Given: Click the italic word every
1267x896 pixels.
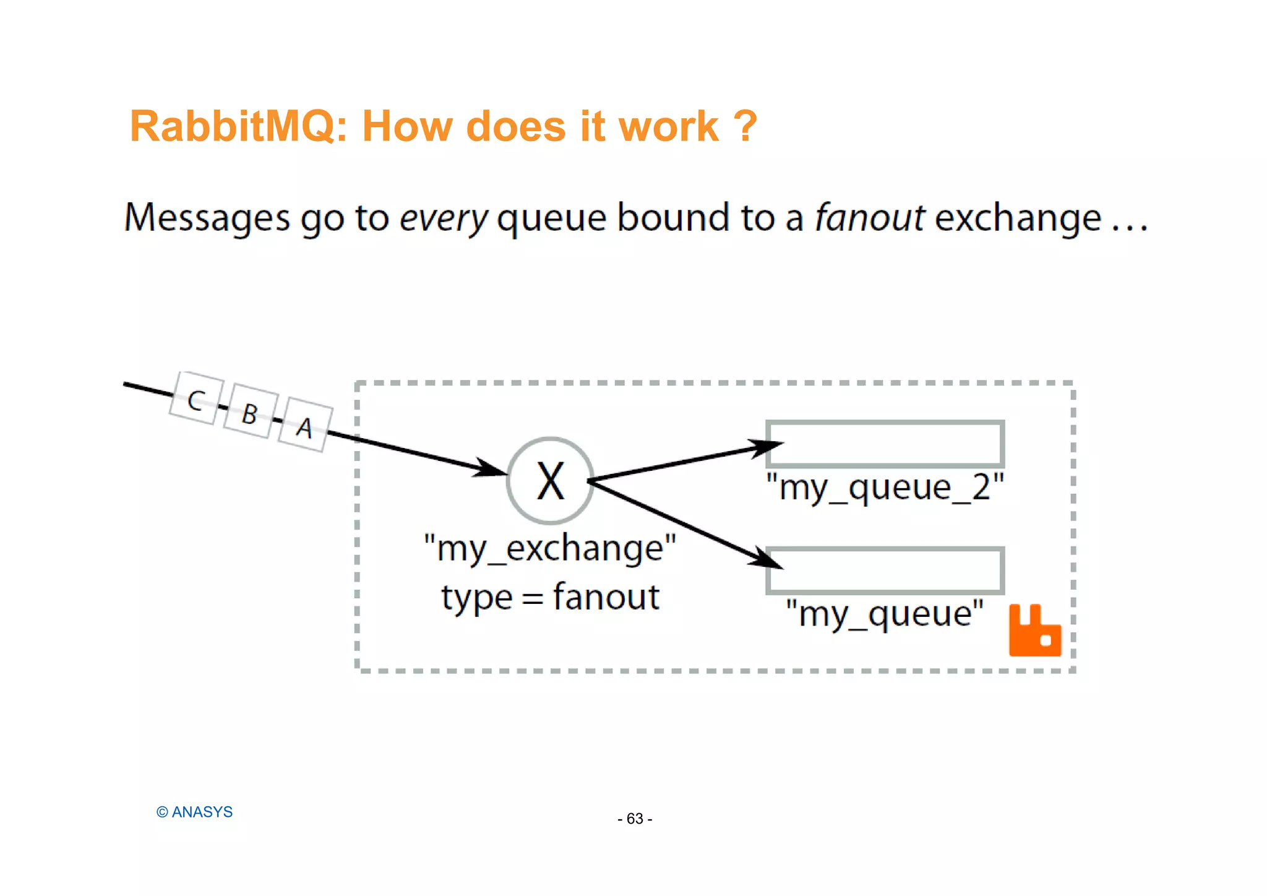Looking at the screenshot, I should [x=444, y=218].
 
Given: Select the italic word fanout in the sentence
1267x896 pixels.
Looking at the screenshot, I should [x=869, y=218].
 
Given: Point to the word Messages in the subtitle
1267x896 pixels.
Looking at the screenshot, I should [x=207, y=218].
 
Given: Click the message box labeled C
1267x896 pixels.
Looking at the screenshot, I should [x=196, y=399].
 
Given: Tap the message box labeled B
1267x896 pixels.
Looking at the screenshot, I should [x=250, y=412].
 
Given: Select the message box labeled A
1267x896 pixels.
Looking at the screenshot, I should [x=304, y=426].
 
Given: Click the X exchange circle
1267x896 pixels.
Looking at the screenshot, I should [x=550, y=481].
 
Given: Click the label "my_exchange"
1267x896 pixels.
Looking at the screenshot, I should [x=550, y=548].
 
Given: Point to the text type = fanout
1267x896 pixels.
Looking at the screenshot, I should [x=550, y=598].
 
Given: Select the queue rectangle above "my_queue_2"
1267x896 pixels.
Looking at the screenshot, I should [x=885, y=444].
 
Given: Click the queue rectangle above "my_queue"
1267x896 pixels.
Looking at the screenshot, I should [x=885, y=570].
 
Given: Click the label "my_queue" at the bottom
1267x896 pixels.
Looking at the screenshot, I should [x=885, y=614].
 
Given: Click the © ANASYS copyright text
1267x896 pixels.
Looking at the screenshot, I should [x=194, y=812].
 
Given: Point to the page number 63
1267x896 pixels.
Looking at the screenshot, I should [x=635, y=819].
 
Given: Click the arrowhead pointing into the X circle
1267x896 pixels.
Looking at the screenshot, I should [x=492, y=469].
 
